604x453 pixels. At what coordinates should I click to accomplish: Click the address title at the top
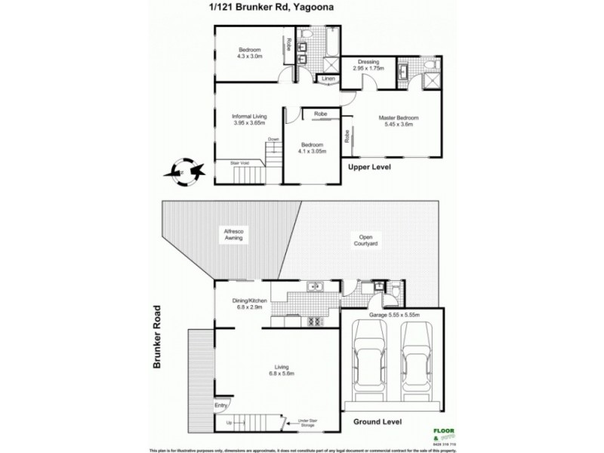pyautogui.click(x=301, y=9)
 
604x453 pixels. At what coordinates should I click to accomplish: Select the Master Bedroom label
pyautogui.click(x=397, y=122)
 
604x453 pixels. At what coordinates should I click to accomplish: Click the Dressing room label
pyautogui.click(x=368, y=65)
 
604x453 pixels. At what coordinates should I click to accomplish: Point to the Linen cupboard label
pyautogui.click(x=328, y=79)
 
